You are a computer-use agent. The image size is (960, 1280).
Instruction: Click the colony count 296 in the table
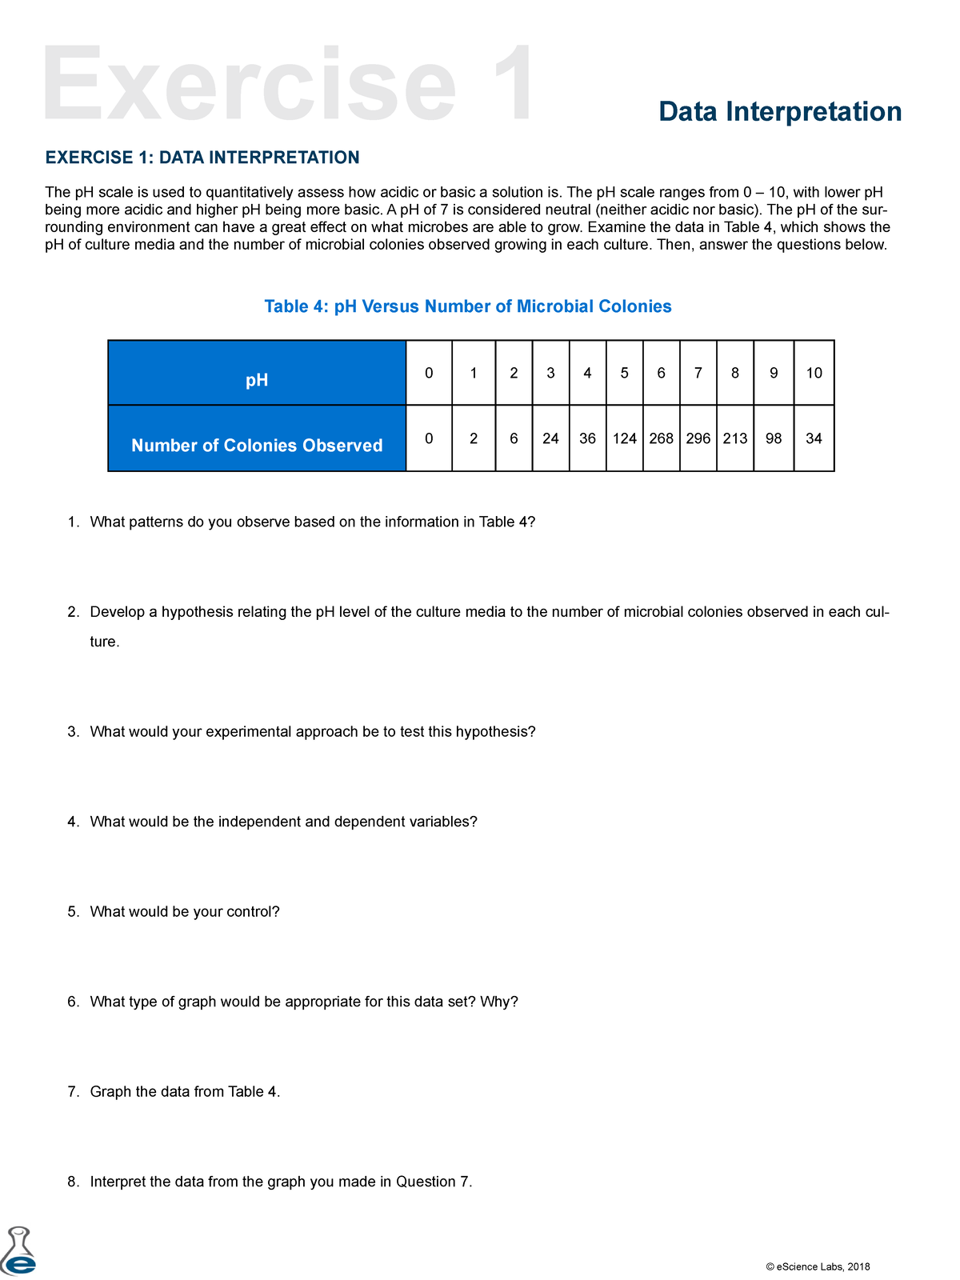(x=698, y=438)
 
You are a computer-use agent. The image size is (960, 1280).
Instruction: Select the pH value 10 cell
(x=814, y=373)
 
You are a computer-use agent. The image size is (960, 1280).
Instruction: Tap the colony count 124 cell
(x=624, y=438)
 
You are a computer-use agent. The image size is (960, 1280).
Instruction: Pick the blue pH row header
(x=257, y=380)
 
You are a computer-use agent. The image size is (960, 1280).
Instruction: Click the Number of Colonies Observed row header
(x=257, y=446)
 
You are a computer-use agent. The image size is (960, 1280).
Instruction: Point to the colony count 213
(x=735, y=438)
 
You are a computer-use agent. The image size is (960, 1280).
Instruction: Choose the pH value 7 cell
(x=698, y=373)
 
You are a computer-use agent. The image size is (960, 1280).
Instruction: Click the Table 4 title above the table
(x=468, y=306)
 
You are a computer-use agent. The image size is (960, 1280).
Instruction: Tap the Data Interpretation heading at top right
(x=780, y=111)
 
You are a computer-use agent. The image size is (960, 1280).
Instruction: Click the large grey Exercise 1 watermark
(x=288, y=86)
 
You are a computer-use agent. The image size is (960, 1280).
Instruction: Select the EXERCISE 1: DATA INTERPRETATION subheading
(x=202, y=158)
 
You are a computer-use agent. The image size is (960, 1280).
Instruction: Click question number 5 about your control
(x=184, y=912)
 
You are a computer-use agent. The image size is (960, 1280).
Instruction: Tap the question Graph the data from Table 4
(x=185, y=1092)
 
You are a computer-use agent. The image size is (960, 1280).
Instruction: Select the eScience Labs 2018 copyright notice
(x=818, y=1266)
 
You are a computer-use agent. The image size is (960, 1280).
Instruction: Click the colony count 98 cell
(x=774, y=438)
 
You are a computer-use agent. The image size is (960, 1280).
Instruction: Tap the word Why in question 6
(x=498, y=1002)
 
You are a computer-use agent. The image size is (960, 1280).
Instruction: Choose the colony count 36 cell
(x=587, y=438)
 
